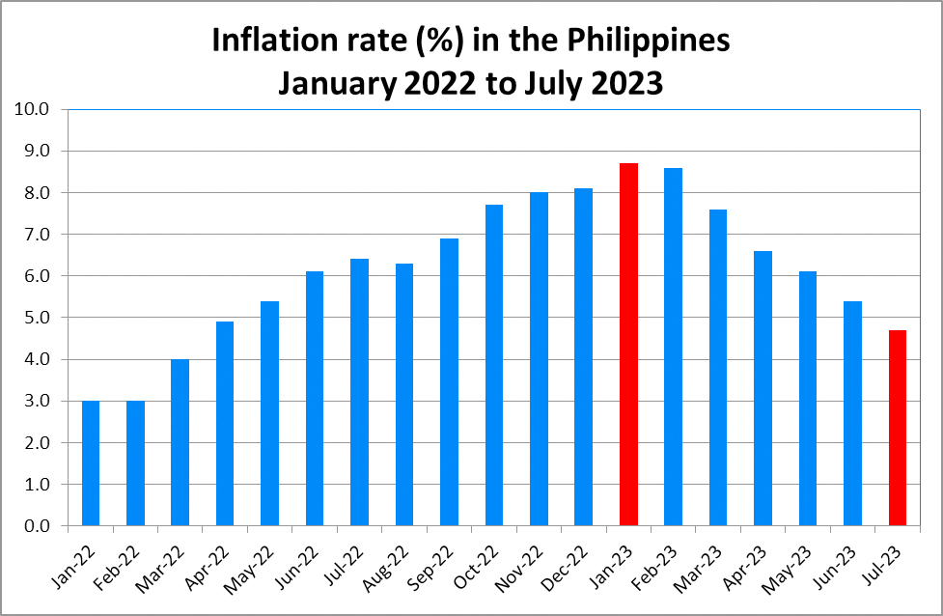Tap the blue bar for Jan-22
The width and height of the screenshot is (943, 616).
(91, 463)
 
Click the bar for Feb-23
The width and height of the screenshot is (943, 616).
(673, 347)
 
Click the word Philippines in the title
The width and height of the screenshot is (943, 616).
(647, 42)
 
